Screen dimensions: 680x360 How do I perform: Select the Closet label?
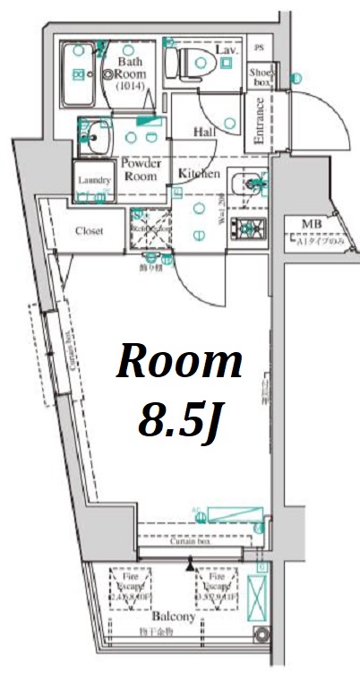[88, 231]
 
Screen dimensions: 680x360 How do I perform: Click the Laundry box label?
[94, 180]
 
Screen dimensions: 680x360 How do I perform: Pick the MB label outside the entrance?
[311, 224]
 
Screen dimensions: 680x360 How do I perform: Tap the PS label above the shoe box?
[259, 47]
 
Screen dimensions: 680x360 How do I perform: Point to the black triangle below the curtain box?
[189, 566]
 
